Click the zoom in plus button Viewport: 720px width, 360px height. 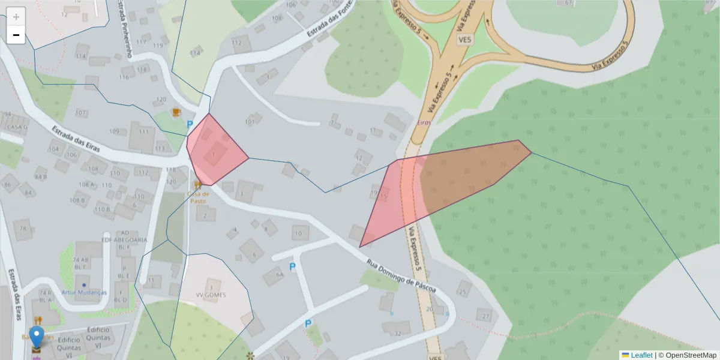[x=16, y=17]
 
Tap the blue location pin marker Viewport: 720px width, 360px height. [x=37, y=337]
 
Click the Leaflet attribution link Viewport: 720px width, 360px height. [x=641, y=355]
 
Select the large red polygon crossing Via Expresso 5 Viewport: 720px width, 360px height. [x=444, y=180]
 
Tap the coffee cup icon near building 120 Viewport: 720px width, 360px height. [x=176, y=112]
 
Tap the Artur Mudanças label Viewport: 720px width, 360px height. [x=84, y=292]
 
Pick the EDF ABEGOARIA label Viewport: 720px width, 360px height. [x=125, y=239]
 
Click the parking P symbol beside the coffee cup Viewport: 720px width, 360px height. [x=190, y=125]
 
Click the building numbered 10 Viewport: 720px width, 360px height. [x=299, y=233]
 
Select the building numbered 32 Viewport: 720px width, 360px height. [x=395, y=332]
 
